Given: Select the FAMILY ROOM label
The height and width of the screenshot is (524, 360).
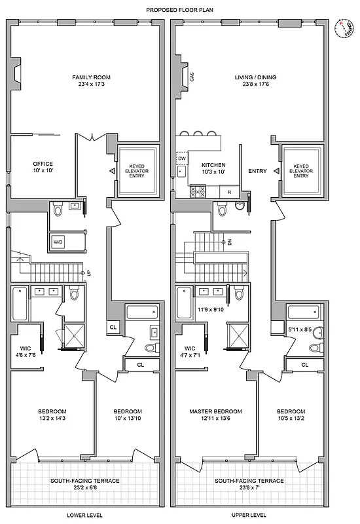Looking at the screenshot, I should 86,81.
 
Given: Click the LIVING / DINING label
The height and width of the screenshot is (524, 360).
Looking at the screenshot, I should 255,81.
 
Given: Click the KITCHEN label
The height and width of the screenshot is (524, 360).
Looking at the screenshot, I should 213,168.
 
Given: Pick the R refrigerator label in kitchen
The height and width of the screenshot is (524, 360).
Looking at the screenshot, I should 228,192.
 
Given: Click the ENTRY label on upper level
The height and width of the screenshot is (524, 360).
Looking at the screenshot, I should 257,171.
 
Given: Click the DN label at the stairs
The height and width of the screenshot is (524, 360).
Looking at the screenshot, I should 230,242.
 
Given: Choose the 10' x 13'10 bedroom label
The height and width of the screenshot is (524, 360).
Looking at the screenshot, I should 128,415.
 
